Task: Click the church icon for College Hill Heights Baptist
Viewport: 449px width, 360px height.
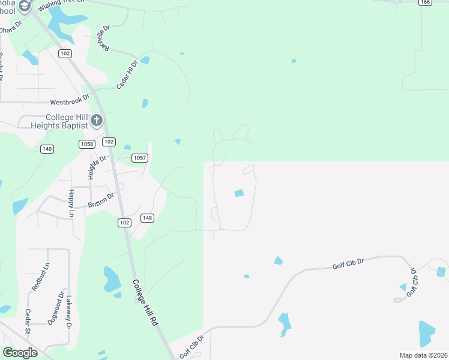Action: pos(97,122)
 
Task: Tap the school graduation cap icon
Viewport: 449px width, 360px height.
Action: pos(25,7)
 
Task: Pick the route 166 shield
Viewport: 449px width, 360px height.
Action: pos(426,2)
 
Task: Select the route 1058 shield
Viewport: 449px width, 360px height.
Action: pos(86,144)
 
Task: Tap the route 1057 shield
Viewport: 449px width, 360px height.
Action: pos(139,158)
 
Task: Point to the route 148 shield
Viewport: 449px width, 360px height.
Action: pos(147,217)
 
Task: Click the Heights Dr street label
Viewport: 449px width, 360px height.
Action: pos(97,163)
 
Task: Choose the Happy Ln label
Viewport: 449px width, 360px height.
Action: pos(71,202)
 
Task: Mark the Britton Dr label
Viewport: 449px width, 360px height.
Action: pos(101,200)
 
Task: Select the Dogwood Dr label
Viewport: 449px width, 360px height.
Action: pos(60,307)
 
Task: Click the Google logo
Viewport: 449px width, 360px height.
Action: pos(20,353)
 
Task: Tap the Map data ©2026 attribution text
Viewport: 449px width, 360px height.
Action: pos(423,355)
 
